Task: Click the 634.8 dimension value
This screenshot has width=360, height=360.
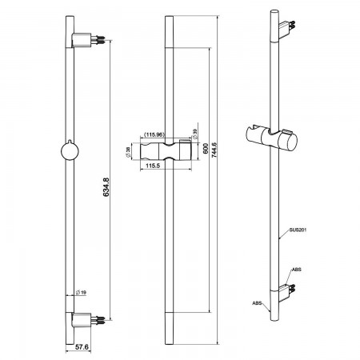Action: tap(106, 187)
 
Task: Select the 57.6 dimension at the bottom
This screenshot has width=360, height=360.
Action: tap(82, 347)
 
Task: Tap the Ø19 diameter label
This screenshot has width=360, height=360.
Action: tap(81, 293)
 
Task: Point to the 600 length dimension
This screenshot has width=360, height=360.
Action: tap(206, 149)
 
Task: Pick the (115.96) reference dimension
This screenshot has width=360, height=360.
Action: tap(154, 134)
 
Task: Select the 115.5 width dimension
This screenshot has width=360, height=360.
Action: tap(153, 166)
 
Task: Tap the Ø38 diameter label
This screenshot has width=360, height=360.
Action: tap(128, 152)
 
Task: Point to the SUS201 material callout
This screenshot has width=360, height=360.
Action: tap(298, 230)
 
